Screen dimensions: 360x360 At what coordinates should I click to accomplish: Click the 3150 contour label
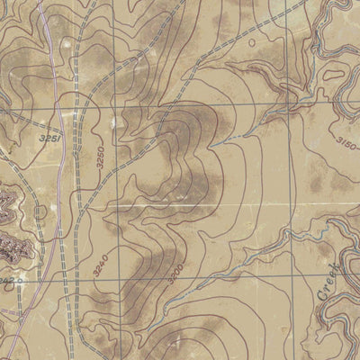pyautogui.click(x=346, y=144)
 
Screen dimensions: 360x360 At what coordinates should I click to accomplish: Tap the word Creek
pyautogui.click(x=332, y=280)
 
